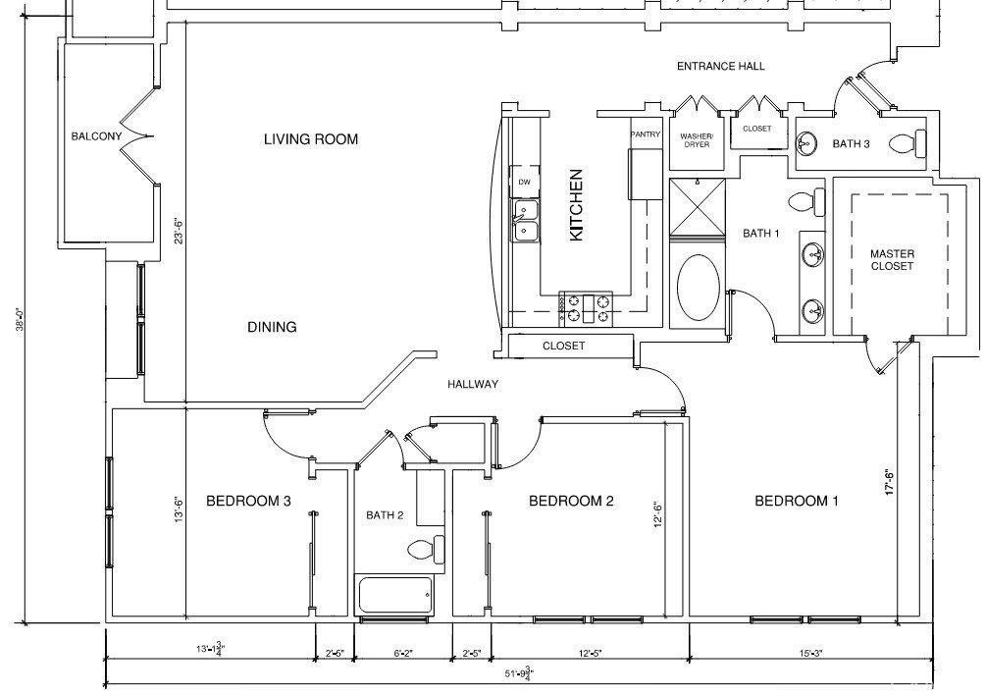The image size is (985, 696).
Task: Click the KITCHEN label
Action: point(576,205)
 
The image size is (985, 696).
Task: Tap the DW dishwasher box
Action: point(525,182)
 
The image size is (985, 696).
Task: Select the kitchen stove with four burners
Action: point(586,308)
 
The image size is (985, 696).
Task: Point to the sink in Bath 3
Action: point(806,143)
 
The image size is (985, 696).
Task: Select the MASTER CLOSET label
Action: point(892,260)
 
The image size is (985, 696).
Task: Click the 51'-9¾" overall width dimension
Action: point(519,673)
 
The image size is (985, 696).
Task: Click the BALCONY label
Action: point(96,135)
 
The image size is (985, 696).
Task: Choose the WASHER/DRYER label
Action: point(697,140)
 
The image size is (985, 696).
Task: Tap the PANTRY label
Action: point(646,134)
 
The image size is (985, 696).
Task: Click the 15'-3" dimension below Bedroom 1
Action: point(811,653)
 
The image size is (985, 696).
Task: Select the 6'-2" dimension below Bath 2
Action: point(403,653)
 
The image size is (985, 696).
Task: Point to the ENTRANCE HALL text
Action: point(720,66)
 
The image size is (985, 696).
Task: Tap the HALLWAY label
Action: point(473,384)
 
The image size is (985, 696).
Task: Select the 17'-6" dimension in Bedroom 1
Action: point(890,482)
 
